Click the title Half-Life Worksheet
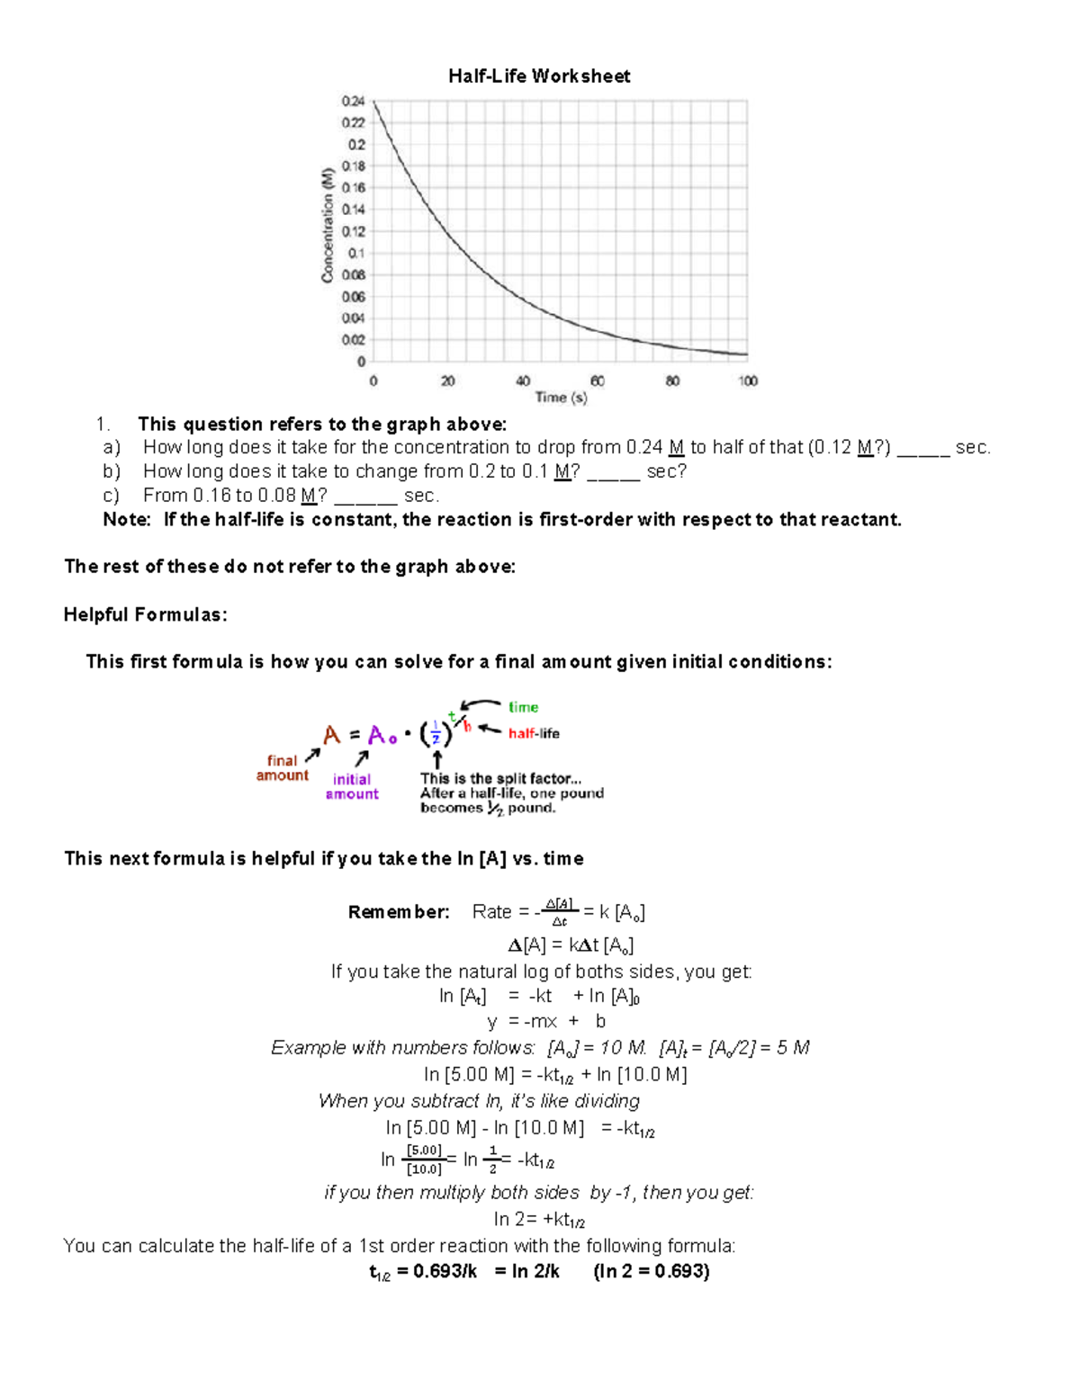pyautogui.click(x=539, y=76)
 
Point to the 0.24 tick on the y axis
pyautogui.click(x=353, y=101)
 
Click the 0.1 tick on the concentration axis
pyautogui.click(x=356, y=253)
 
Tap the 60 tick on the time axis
pyautogui.click(x=598, y=381)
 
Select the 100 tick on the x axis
pyautogui.click(x=748, y=381)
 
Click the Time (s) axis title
pyautogui.click(x=561, y=398)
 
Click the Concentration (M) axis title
pyautogui.click(x=328, y=225)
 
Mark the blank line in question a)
pyautogui.click(x=923, y=453)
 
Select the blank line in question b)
pyautogui.click(x=613, y=478)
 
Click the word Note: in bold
pyautogui.click(x=127, y=520)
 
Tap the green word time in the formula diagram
pyautogui.click(x=523, y=707)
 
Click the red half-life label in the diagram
pyautogui.click(x=534, y=734)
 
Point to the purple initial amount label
pyautogui.click(x=352, y=787)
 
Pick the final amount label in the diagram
pyautogui.click(x=282, y=768)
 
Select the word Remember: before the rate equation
pyautogui.click(x=399, y=912)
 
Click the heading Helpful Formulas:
pyautogui.click(x=145, y=615)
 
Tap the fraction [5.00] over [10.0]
pyautogui.click(x=424, y=1160)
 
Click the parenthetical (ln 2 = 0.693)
pyautogui.click(x=652, y=1271)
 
